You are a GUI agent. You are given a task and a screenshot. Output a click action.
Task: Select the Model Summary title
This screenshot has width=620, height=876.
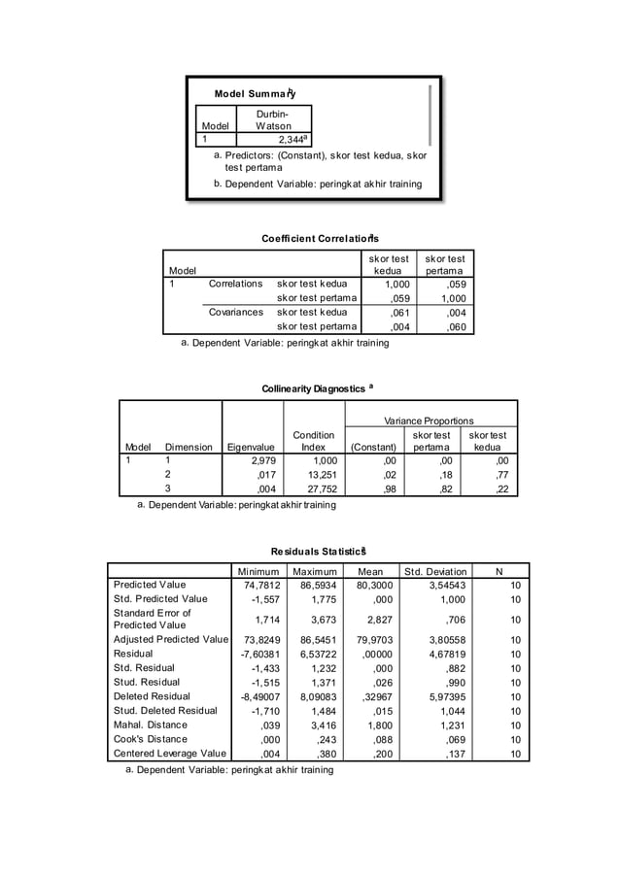click(255, 94)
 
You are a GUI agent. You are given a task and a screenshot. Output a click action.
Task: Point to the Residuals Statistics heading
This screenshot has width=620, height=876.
click(318, 551)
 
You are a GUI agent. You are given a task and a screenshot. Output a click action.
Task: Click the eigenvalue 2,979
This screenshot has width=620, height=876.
click(264, 461)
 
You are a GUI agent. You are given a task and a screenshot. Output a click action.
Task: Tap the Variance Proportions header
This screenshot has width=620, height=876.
click(429, 421)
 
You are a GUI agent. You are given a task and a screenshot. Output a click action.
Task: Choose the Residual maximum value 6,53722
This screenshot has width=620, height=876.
click(314, 655)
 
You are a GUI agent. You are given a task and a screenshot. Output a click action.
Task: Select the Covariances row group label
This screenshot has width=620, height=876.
click(236, 313)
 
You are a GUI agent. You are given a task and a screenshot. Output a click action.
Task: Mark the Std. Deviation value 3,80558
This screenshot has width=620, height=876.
click(442, 640)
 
